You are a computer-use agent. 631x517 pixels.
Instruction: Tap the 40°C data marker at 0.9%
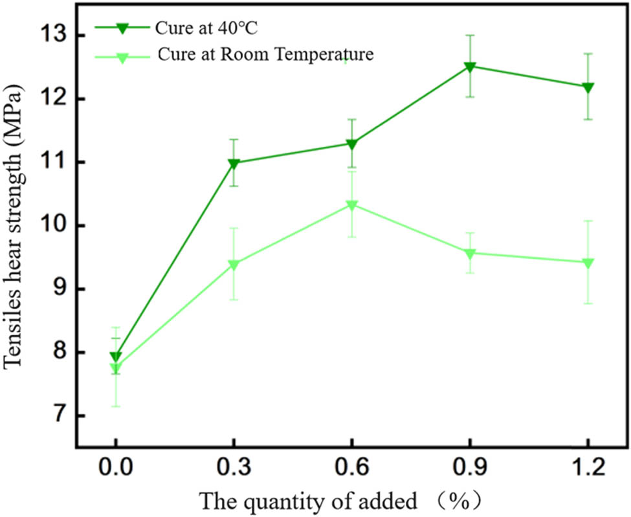470,67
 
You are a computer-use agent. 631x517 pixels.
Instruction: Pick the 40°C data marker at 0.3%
234,164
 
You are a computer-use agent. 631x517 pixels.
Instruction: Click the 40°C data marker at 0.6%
351,144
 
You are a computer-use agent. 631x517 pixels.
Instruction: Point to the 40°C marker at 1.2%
588,87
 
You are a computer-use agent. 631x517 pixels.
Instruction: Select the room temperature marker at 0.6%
351,206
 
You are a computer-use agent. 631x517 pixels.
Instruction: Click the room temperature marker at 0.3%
234,265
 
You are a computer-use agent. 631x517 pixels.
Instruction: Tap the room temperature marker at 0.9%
470,254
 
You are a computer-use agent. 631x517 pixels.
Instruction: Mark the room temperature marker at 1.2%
588,263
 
